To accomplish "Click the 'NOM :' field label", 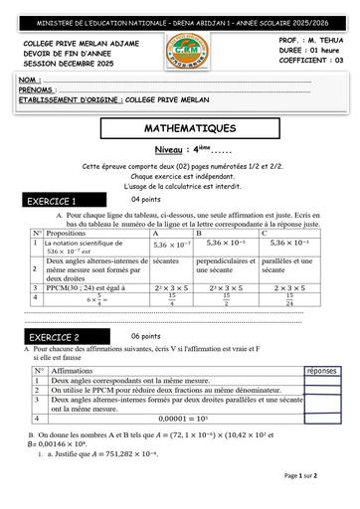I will (x=31, y=78).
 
